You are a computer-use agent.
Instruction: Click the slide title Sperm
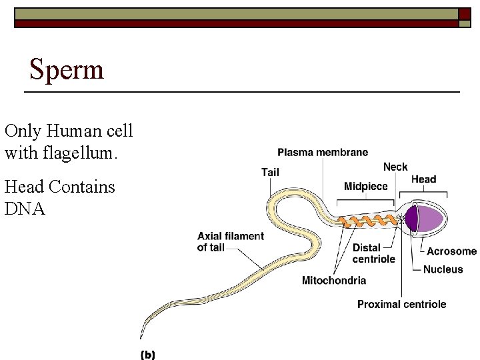[67, 69]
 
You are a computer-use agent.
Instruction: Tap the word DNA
[25, 209]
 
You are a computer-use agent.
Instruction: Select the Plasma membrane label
[323, 153]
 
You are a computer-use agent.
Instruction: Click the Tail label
[270, 172]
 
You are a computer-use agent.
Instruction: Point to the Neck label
[395, 167]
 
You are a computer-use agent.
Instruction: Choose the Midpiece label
[365, 187]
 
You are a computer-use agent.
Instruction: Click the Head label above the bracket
[423, 179]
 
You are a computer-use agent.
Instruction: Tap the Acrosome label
[451, 251]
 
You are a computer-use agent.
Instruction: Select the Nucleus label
[443, 269]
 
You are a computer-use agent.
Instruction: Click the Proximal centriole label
[401, 304]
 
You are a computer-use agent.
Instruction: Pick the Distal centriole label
[373, 253]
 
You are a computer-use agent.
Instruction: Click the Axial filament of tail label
[230, 242]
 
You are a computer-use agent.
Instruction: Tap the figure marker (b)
[147, 355]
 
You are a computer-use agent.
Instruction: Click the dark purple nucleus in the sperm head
[411, 219]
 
